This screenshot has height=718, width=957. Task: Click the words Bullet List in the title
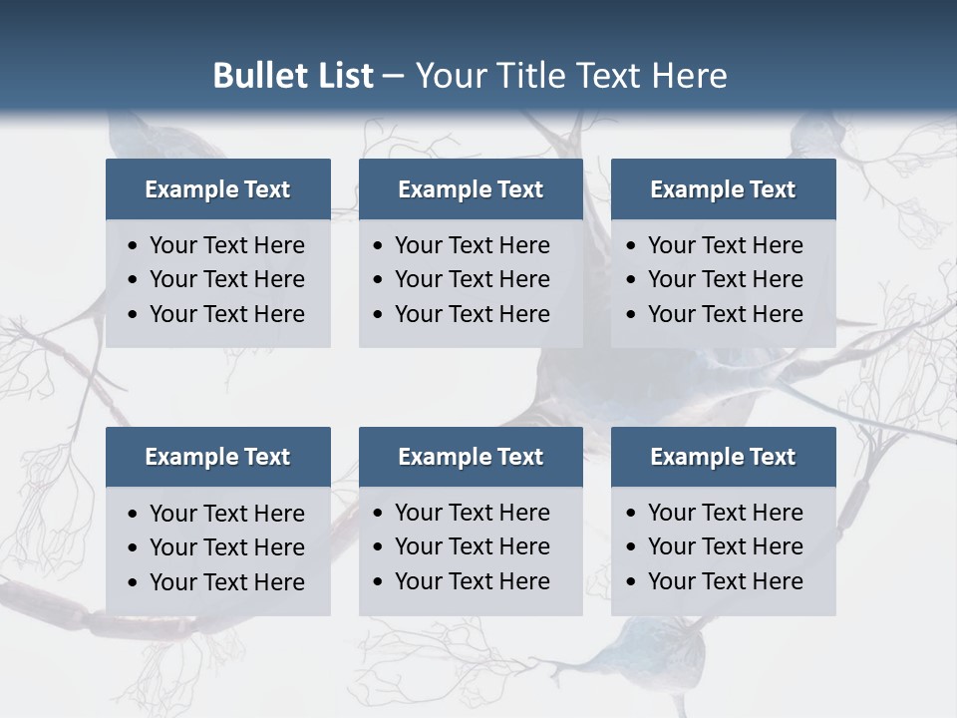tap(293, 76)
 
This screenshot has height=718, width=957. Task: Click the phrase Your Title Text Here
tap(570, 76)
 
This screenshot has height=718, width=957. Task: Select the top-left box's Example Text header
tap(217, 189)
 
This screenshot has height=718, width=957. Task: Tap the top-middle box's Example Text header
tap(471, 189)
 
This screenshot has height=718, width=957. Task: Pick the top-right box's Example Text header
tap(723, 189)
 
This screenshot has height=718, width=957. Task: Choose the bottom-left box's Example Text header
tap(217, 457)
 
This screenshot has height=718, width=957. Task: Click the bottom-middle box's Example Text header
tap(471, 457)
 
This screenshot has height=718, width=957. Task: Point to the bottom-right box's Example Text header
tap(723, 457)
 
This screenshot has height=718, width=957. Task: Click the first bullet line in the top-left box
tap(226, 245)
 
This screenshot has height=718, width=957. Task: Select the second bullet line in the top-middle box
tap(472, 279)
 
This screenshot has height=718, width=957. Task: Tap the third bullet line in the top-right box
tap(725, 314)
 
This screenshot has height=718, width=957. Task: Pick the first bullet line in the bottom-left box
tap(226, 514)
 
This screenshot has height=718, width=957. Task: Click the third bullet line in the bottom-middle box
tap(472, 581)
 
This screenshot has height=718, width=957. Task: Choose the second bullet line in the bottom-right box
tap(725, 546)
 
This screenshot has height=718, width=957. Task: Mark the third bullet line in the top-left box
tap(226, 314)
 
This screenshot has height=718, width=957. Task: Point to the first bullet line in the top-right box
tap(725, 245)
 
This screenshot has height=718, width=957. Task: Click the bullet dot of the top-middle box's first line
tap(378, 246)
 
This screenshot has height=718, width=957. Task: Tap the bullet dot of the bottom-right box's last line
tap(631, 582)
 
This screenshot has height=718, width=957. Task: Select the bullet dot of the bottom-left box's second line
tap(133, 548)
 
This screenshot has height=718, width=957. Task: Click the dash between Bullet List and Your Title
tap(393, 77)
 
